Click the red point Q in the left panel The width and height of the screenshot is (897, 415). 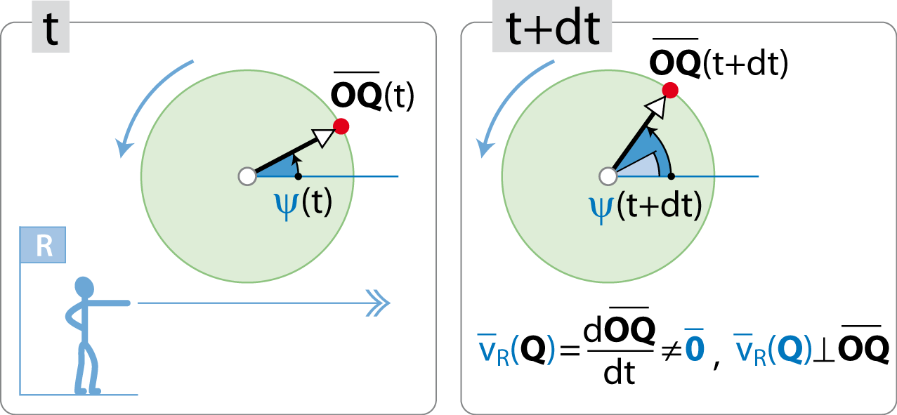point(341,126)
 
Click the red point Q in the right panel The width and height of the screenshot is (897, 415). point(670,90)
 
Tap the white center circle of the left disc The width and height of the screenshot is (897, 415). point(247,176)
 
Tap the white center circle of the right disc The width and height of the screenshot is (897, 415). point(608,176)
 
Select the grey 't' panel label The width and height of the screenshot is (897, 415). point(51,27)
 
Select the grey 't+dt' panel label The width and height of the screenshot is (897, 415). point(552,26)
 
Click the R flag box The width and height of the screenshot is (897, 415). point(43,245)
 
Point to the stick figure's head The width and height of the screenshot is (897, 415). point(84,287)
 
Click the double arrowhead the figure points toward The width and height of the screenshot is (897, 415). point(379,303)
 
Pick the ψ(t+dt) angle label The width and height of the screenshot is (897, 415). point(646,207)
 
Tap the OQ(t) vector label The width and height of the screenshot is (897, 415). point(372,93)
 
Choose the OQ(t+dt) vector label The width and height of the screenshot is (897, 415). point(719,59)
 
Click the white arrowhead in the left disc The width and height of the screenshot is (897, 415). point(325,137)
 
